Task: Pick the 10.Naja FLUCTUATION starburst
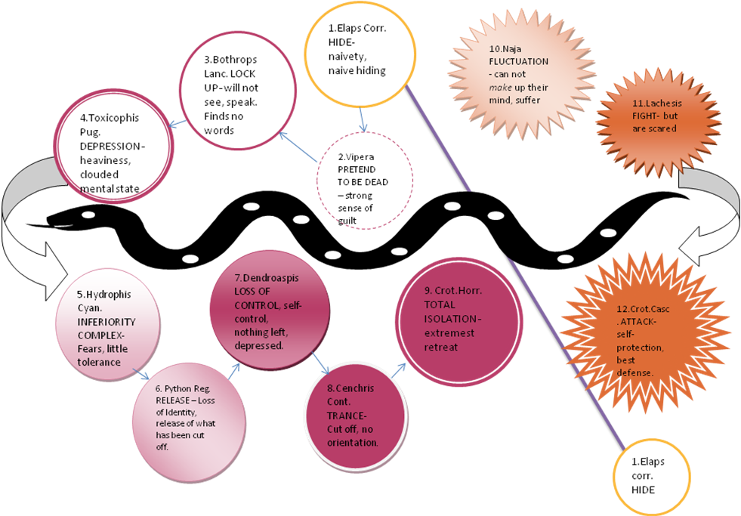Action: [522, 75]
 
